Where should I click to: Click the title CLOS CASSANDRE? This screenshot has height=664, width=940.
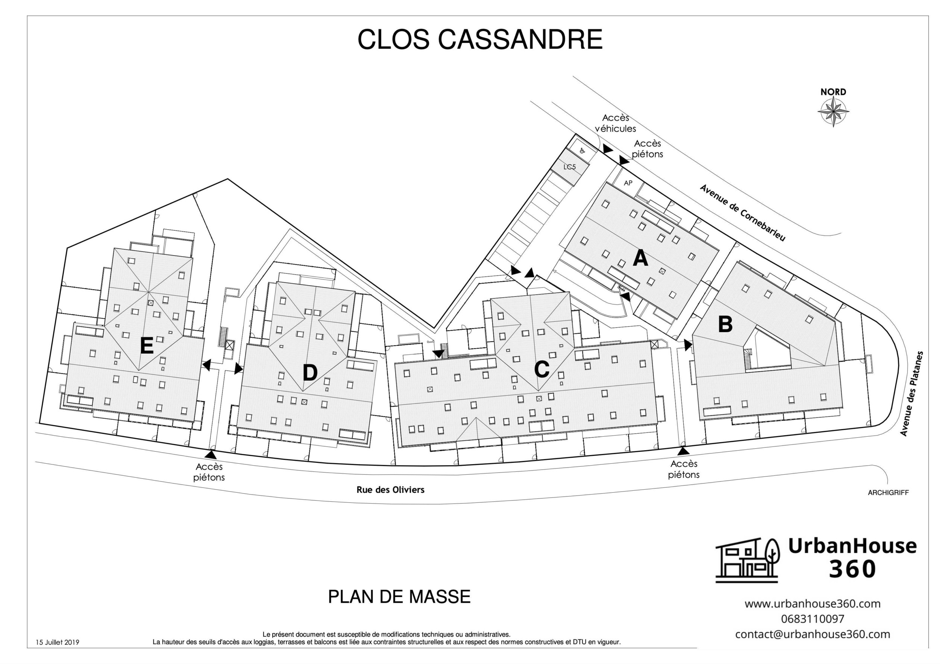coord(480,40)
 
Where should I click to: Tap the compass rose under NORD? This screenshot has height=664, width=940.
coord(833,112)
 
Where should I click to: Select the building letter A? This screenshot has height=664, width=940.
coord(640,259)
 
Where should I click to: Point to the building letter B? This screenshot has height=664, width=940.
coord(725,324)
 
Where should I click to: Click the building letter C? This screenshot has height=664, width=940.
coord(542,369)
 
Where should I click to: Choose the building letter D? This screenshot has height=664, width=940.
coord(309,373)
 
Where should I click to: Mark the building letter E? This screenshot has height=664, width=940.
coord(147,346)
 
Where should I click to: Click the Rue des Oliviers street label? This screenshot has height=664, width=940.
coord(390,490)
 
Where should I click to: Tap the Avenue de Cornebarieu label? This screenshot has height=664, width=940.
coord(742,212)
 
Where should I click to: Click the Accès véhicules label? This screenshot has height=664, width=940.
coord(616,123)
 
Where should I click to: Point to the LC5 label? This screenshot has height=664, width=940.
coord(570,167)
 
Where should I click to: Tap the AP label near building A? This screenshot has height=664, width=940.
coord(628,183)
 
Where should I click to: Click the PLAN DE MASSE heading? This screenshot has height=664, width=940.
coord(399,596)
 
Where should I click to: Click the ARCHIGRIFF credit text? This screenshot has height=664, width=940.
coord(888,493)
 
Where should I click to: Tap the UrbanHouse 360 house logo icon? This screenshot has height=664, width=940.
coord(747,560)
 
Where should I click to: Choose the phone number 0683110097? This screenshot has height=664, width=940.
coord(812,619)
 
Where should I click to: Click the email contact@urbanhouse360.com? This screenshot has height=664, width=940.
coord(812,634)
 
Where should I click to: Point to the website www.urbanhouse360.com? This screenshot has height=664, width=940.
coord(812,603)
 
